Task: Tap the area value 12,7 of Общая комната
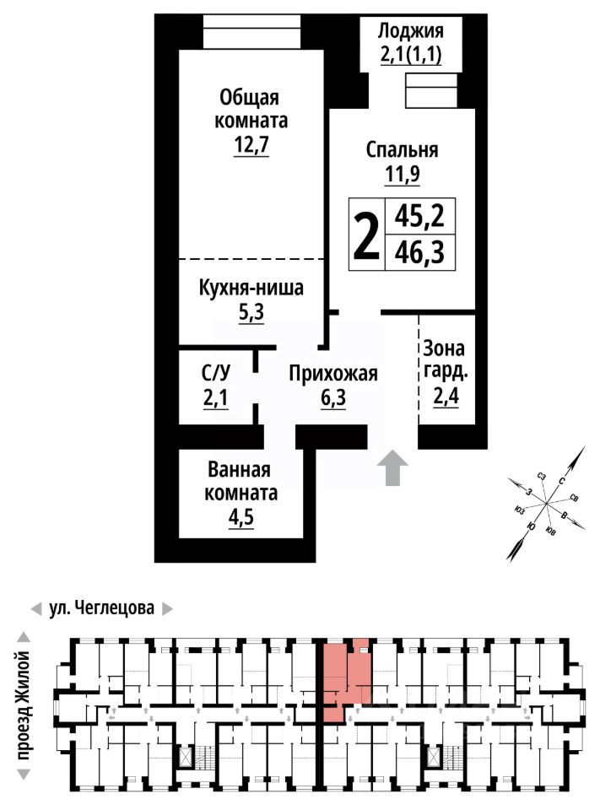click(x=251, y=146)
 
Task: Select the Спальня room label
click(x=402, y=150)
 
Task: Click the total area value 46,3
click(x=419, y=251)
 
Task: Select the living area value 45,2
click(x=419, y=218)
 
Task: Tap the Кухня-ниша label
click(x=251, y=289)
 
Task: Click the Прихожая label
click(x=332, y=374)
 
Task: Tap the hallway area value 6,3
click(x=332, y=398)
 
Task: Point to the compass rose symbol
click(x=545, y=505)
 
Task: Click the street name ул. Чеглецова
click(x=100, y=607)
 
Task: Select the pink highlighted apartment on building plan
click(x=347, y=675)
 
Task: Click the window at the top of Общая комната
click(x=251, y=33)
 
